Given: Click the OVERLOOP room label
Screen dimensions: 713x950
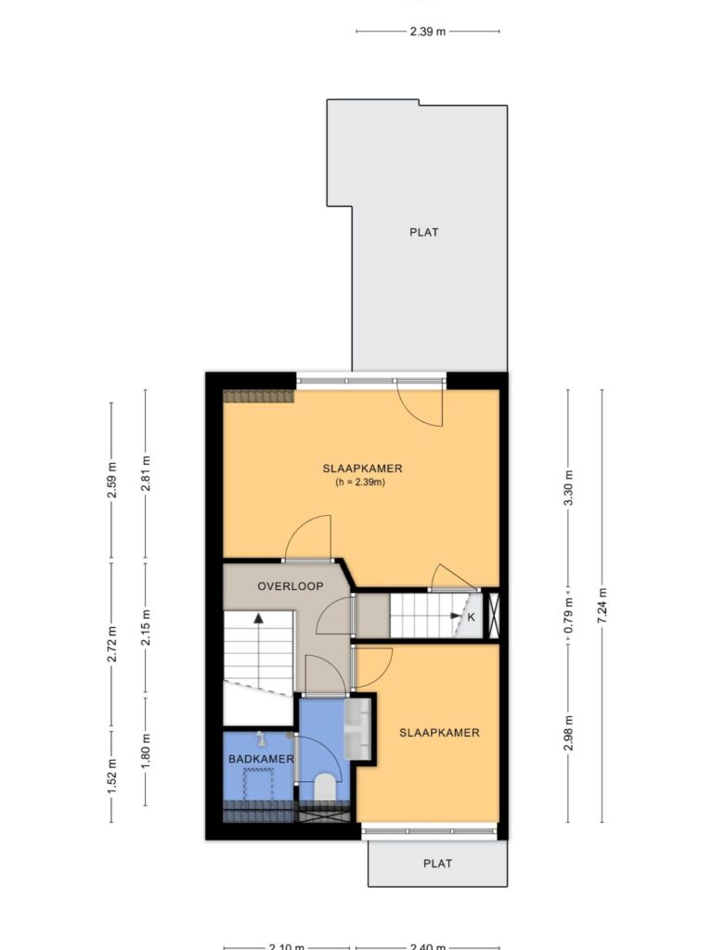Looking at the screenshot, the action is pyautogui.click(x=291, y=586).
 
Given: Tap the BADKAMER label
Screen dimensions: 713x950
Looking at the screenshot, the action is pyautogui.click(x=261, y=759).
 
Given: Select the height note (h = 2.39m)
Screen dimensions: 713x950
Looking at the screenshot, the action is pyautogui.click(x=360, y=482).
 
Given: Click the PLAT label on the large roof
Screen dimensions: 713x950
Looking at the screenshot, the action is pyautogui.click(x=423, y=232).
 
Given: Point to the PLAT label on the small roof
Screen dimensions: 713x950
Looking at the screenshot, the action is pyautogui.click(x=438, y=864).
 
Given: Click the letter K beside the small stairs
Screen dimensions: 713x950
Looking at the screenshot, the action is pyautogui.click(x=471, y=617).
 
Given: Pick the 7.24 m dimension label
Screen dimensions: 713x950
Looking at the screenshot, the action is pyautogui.click(x=602, y=606).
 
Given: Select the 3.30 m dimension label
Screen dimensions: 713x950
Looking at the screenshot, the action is pyautogui.click(x=568, y=488).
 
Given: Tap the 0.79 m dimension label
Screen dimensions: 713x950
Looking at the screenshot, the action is pyautogui.click(x=568, y=616).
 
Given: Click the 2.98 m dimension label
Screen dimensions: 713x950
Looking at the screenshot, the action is pyautogui.click(x=568, y=733).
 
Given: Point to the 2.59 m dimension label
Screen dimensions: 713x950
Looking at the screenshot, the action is pyautogui.click(x=111, y=481).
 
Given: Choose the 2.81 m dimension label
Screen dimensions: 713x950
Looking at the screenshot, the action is pyautogui.click(x=146, y=473).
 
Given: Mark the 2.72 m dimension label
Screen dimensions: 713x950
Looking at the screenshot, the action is pyautogui.click(x=111, y=646).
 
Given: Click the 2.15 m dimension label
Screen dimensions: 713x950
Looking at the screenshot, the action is pyautogui.click(x=146, y=628).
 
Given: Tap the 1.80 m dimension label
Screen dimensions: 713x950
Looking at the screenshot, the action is pyautogui.click(x=146, y=751).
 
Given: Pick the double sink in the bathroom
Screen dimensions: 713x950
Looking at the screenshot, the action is pyautogui.click(x=357, y=729).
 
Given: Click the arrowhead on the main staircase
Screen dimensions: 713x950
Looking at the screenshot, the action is pyautogui.click(x=259, y=618).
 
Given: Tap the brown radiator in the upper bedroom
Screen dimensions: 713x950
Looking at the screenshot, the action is pyautogui.click(x=259, y=396).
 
